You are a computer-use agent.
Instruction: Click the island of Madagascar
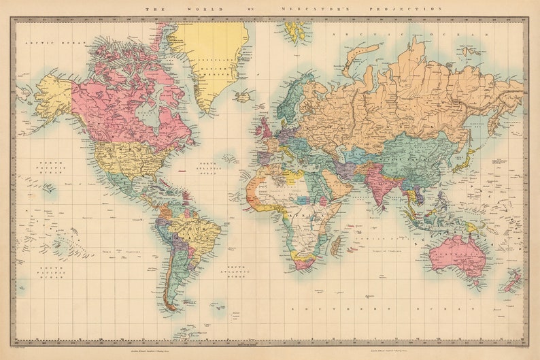click(336, 245)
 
